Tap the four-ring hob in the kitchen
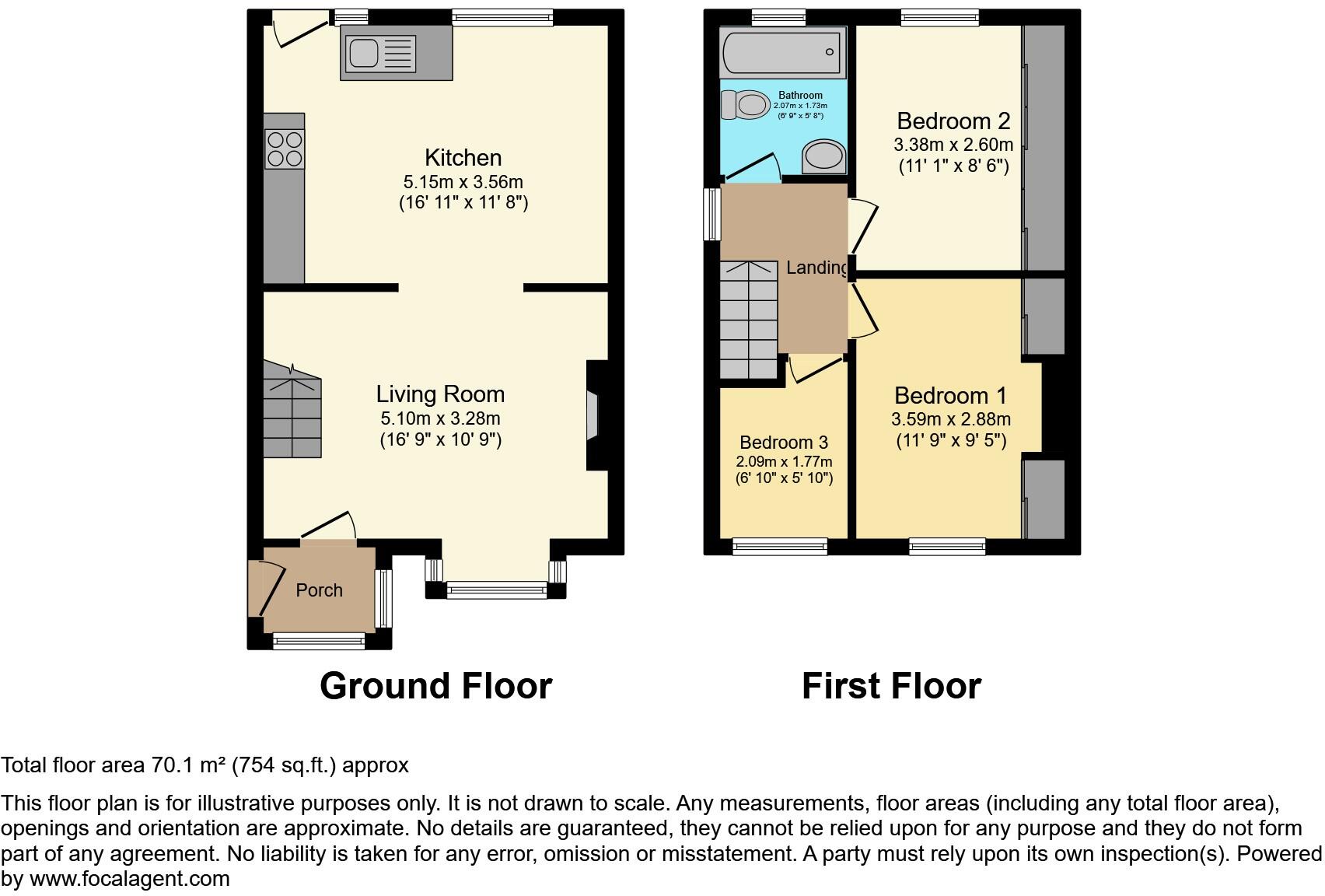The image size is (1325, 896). (284, 149)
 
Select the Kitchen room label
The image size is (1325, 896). (463, 158)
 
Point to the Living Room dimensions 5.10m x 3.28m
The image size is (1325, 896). (440, 418)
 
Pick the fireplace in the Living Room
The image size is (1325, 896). (593, 416)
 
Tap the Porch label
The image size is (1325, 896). (319, 590)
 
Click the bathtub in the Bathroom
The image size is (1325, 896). (782, 51)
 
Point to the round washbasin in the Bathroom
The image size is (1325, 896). (823, 156)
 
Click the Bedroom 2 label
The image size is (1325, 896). (953, 121)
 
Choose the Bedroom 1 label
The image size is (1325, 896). (950, 396)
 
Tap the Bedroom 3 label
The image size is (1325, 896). (784, 443)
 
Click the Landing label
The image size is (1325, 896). (816, 268)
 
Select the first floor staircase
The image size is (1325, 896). (748, 319)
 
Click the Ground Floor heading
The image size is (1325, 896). (435, 686)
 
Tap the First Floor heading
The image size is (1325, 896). (891, 686)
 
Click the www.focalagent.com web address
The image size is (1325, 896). (129, 879)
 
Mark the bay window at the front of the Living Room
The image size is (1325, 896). (496, 590)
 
